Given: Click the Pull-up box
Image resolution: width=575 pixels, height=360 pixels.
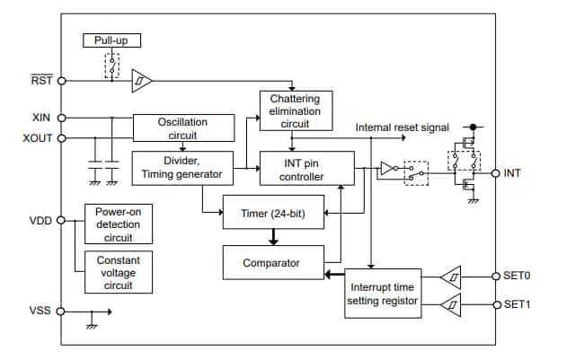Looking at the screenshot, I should pyautogui.click(x=111, y=40).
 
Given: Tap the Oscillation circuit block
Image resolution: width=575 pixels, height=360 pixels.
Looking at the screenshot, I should pyautogui.click(x=182, y=127).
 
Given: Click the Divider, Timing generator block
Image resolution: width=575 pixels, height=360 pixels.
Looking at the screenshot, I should pyautogui.click(x=182, y=168).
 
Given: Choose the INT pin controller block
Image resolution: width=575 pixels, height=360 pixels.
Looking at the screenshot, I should pyautogui.click(x=305, y=168).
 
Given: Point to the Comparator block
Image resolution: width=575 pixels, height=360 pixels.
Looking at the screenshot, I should pyautogui.click(x=271, y=262).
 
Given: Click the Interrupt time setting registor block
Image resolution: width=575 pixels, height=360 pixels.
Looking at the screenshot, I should pyautogui.click(x=382, y=293).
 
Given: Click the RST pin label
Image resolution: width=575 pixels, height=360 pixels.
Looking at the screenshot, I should pyautogui.click(x=41, y=80).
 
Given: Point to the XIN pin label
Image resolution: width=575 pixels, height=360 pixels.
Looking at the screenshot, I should pyautogui.click(x=41, y=118).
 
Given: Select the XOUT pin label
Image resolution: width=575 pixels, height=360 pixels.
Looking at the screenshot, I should pyautogui.click(x=38, y=138).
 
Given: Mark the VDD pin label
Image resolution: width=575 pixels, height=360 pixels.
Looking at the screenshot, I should pyautogui.click(x=40, y=219).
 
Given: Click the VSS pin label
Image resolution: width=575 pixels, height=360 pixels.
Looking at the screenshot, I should pyautogui.click(x=40, y=311).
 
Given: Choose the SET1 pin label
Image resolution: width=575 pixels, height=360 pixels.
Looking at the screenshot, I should pyautogui.click(x=517, y=304).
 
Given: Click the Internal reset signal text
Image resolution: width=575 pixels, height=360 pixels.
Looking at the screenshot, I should pyautogui.click(x=402, y=128).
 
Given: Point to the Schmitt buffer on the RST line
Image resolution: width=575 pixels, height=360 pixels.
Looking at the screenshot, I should pyautogui.click(x=142, y=81).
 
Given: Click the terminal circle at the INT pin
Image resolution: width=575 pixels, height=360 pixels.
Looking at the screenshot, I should pyautogui.click(x=495, y=173).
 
